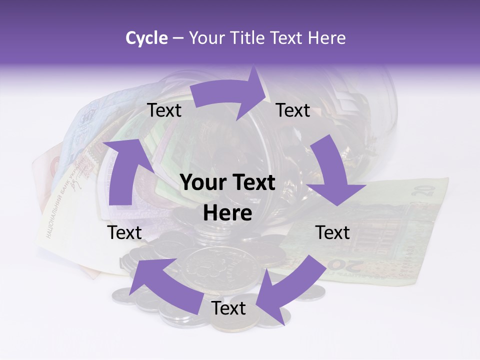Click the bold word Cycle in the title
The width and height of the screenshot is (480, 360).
[146, 38]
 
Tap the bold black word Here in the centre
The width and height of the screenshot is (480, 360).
[227, 213]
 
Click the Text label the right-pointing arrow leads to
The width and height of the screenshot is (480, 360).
[293, 110]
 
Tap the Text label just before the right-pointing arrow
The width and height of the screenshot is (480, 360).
[164, 110]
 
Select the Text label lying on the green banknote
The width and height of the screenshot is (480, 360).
[332, 232]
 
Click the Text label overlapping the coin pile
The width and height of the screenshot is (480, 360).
[228, 308]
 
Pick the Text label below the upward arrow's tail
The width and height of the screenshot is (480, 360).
[124, 232]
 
